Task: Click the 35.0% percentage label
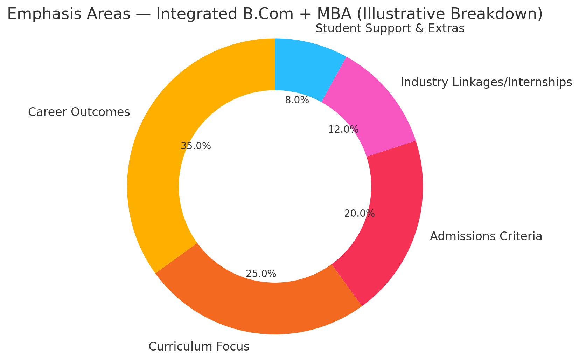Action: (x=196, y=146)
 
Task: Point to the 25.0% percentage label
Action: (x=261, y=274)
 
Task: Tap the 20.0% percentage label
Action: (x=360, y=214)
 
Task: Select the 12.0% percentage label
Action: (x=343, y=130)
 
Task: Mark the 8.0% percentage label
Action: (x=297, y=101)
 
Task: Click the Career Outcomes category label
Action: (x=79, y=112)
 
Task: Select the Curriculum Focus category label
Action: (x=199, y=347)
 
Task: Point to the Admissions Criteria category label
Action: (x=486, y=236)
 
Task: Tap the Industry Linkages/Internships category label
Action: (x=486, y=82)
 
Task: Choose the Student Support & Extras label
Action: (x=390, y=28)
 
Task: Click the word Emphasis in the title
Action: (x=37, y=14)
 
